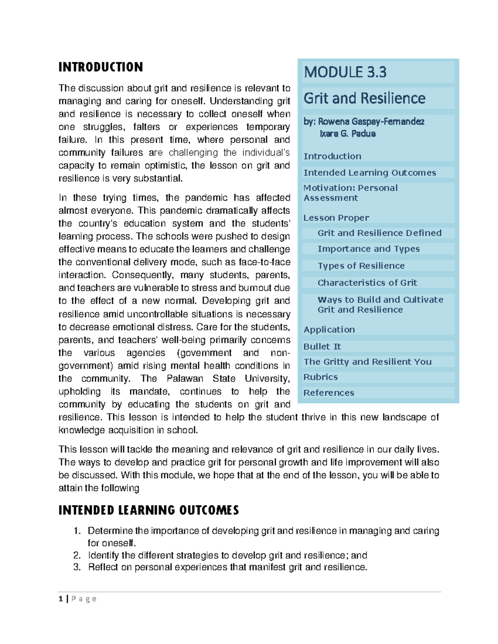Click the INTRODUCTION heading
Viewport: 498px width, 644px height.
(x=100, y=67)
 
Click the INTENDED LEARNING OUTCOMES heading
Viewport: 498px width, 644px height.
(x=149, y=510)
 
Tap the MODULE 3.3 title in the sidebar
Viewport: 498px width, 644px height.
(x=345, y=72)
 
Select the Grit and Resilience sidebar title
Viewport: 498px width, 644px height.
(x=364, y=98)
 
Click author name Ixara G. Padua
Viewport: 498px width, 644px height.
(x=347, y=134)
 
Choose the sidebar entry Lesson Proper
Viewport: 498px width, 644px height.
(x=336, y=218)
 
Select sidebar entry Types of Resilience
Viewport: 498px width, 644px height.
(x=361, y=266)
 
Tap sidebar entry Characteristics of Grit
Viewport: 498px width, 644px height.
(x=367, y=283)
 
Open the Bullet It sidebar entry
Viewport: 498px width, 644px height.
(x=322, y=347)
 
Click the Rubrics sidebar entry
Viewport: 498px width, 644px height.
(x=320, y=377)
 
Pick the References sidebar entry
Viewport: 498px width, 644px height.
(x=329, y=393)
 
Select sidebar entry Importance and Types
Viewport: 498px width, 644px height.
(x=369, y=249)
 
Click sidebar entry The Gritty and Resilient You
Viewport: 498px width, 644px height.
(x=367, y=362)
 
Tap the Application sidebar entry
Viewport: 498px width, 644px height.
(x=329, y=330)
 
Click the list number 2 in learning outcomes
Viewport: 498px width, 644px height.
(x=77, y=555)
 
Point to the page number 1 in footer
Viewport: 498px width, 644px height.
(x=61, y=599)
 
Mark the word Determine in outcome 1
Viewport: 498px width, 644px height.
(x=110, y=531)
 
